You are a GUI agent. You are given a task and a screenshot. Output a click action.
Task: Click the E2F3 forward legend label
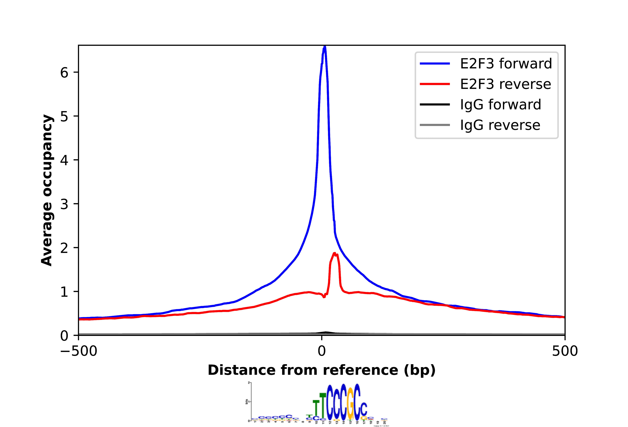tap(506, 64)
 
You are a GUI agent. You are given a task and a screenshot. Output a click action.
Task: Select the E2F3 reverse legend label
tap(505, 84)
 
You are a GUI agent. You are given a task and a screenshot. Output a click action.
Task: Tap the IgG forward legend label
tap(501, 105)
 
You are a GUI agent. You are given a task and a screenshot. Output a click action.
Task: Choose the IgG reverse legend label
tap(500, 125)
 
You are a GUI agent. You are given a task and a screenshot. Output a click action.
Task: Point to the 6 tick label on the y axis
tap(64, 72)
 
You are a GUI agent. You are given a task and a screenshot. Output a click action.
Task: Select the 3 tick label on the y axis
tap(64, 204)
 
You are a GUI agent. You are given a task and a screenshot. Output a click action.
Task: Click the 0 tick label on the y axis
tap(64, 336)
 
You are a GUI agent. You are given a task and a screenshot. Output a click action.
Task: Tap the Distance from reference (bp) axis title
tap(322, 370)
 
